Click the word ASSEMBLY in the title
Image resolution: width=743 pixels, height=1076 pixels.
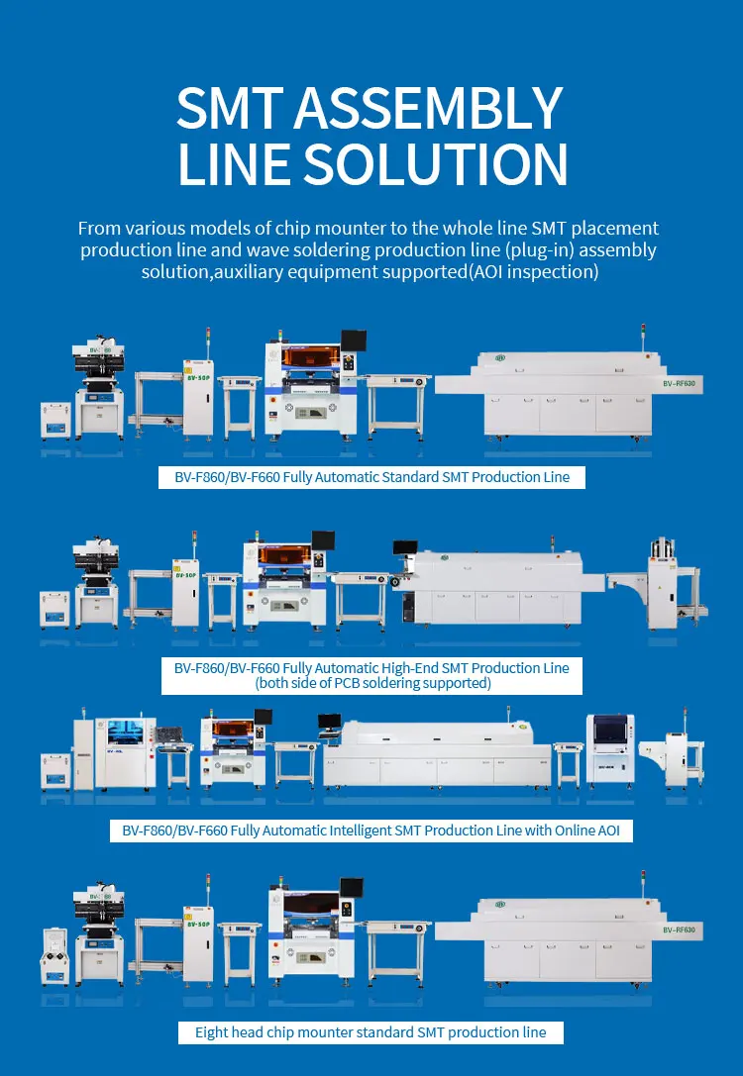click(x=443, y=108)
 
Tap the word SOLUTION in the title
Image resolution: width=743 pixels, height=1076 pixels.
click(x=463, y=163)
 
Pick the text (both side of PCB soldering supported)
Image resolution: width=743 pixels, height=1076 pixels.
click(x=371, y=683)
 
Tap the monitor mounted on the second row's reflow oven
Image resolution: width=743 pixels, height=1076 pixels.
click(x=404, y=547)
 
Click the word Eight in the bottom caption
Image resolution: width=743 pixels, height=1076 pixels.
click(x=212, y=1031)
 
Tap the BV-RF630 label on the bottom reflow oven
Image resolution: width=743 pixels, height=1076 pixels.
click(x=680, y=930)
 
